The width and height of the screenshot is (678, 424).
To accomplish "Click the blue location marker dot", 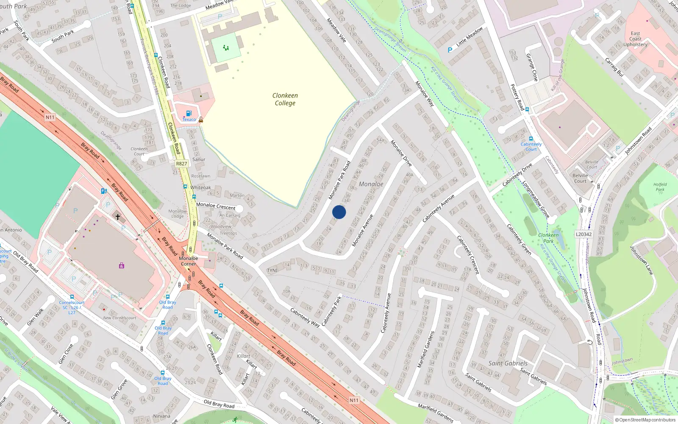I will [339, 212].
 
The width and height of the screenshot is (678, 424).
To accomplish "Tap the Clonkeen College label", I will [285, 99].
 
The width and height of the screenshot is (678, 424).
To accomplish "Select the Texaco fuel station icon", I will [189, 114].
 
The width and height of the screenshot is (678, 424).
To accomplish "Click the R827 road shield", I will [181, 164].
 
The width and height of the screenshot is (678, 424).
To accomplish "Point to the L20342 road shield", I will [584, 234].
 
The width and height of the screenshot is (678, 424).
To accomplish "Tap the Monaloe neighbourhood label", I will [371, 184].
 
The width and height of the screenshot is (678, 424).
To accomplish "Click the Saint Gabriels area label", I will [508, 363].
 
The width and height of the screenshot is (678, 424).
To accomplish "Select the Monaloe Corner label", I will [189, 261].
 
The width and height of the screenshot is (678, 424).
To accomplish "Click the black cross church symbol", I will [118, 217].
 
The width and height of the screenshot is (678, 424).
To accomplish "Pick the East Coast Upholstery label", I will [635, 39].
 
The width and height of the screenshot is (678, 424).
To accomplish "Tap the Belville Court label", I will [580, 178].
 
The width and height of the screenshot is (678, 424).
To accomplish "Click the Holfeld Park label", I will [660, 187].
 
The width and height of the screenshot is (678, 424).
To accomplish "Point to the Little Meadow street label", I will [470, 37].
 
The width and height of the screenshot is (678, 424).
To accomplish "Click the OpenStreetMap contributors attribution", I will [645, 420].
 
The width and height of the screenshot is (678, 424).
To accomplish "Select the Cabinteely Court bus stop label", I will [531, 147].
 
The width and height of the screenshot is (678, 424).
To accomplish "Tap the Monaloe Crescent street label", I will [216, 206].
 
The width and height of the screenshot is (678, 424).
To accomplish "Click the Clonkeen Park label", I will [548, 238].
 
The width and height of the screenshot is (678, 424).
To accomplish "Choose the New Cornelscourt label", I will [119, 318].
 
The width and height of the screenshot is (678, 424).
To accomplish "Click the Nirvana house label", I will [161, 416].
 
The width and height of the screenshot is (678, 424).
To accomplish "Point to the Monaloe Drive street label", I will [401, 153].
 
